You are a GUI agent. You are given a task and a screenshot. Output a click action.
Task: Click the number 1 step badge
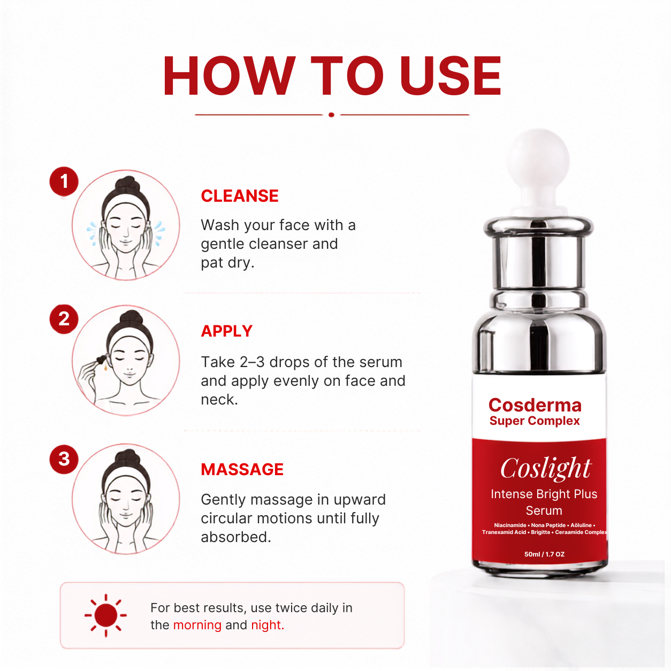(64, 181)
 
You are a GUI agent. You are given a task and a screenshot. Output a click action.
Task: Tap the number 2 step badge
(64, 319)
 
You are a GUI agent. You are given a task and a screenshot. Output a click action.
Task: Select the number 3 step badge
(64, 459)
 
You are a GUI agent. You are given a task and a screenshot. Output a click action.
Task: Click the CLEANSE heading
(240, 196)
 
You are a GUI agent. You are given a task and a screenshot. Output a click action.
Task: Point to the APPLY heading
(227, 331)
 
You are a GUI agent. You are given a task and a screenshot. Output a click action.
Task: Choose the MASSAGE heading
(242, 469)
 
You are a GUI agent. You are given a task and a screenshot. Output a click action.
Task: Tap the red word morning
(197, 625)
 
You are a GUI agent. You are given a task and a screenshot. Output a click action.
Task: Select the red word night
(268, 625)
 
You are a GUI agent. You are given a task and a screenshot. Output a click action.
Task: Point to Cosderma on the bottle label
(535, 405)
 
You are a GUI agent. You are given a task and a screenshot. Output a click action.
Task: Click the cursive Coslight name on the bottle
(546, 468)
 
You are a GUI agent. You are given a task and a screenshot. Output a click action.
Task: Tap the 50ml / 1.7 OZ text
(544, 554)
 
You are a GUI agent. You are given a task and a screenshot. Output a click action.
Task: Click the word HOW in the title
(229, 75)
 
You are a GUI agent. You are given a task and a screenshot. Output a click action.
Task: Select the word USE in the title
(451, 75)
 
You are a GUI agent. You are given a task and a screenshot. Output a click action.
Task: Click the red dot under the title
(332, 115)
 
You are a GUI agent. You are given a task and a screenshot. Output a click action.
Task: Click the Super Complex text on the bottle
(535, 421)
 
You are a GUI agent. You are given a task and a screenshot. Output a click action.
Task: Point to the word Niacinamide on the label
(510, 525)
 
